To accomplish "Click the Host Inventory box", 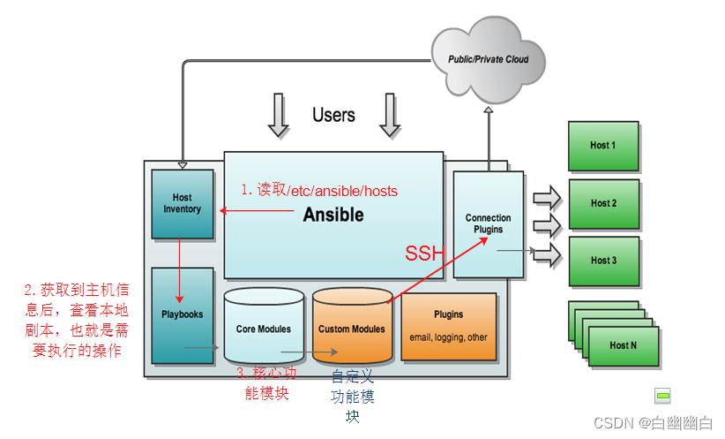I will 183,204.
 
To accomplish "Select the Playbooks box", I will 183,314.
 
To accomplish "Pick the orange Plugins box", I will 448,326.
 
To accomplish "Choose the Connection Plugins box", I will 488,224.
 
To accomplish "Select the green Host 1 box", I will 603,146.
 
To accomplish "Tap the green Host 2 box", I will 603,203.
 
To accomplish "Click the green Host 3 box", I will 603,261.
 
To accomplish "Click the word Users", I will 333,115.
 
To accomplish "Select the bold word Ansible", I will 333,215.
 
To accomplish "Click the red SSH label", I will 422,254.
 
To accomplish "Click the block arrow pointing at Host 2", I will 547,220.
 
